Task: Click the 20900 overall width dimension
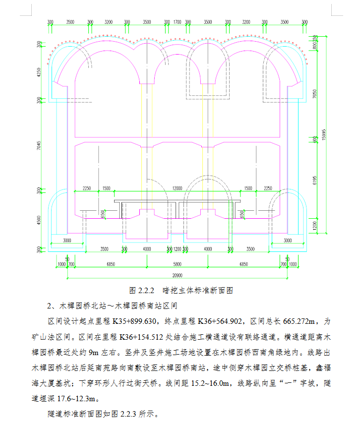point(178,275)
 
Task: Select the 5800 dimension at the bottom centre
point(178,264)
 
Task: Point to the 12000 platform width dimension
point(178,188)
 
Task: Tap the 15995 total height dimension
point(324,135)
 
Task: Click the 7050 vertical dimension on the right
point(315,94)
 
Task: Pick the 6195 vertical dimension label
point(315,181)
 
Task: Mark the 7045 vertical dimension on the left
point(39,145)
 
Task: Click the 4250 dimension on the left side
point(39,72)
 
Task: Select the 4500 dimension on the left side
point(39,220)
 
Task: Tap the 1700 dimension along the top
point(178,22)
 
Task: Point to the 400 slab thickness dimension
point(315,140)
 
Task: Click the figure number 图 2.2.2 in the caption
point(142,291)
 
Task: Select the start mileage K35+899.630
point(134,321)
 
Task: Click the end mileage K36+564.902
point(220,321)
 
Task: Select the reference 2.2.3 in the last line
point(128,414)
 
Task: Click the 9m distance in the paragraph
point(93,353)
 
